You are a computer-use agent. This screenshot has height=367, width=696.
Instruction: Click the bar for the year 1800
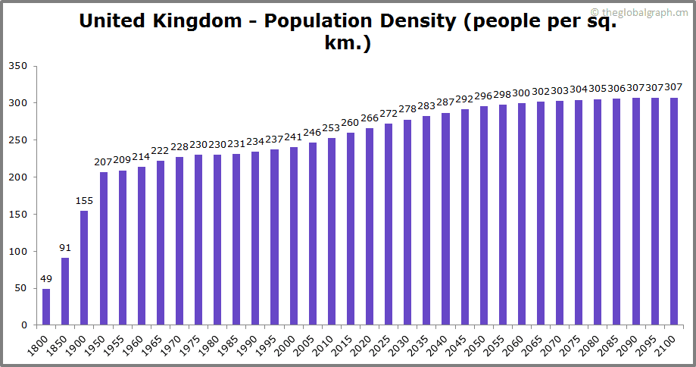point(46,307)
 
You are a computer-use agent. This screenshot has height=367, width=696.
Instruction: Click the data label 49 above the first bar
point(46,279)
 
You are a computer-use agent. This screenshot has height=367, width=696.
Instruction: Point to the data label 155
point(84,201)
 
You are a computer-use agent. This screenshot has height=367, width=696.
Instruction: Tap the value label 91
point(65,248)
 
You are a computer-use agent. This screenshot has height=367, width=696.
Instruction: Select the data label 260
point(350,123)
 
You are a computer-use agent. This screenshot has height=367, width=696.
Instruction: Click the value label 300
point(521,93)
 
